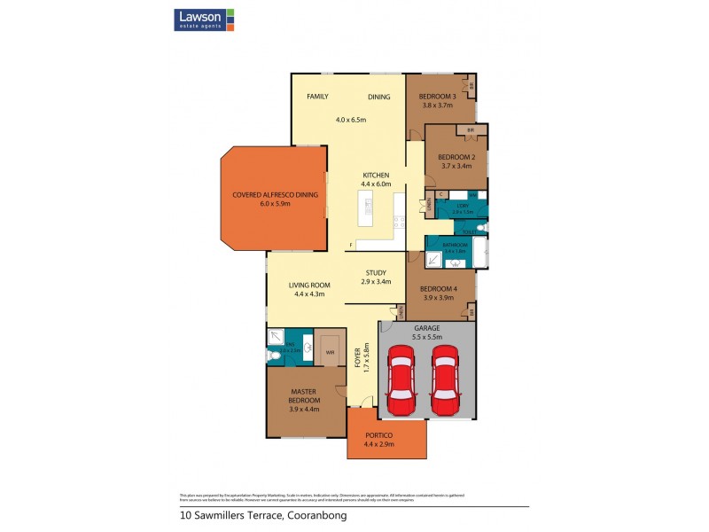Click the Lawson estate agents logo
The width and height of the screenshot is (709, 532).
[x=204, y=20]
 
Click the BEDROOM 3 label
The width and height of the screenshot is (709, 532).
[x=437, y=97]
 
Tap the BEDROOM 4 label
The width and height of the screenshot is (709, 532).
[x=437, y=289]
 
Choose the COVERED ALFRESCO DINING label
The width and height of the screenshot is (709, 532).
[x=274, y=195]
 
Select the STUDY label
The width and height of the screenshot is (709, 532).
[x=377, y=273]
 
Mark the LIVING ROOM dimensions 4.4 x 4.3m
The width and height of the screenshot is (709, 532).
[x=308, y=293]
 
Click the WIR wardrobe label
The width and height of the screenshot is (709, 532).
[x=330, y=351]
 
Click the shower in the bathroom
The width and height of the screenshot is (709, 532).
[x=435, y=260]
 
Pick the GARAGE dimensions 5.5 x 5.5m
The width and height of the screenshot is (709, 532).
[x=427, y=336]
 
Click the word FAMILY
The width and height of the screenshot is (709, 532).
[x=317, y=97]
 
